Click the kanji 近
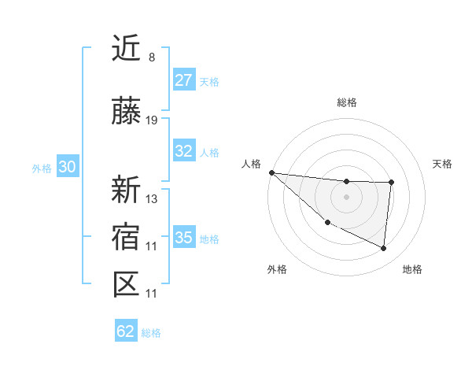coord(126,50)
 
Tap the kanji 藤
coord(126,112)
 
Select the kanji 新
coord(126,189)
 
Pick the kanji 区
coord(126,284)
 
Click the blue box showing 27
coord(184,80)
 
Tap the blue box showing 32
coord(184,151)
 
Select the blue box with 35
coord(184,238)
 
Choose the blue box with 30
coord(66,168)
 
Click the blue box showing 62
coord(126,331)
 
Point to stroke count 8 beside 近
coord(151,57)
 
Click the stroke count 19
coord(152,120)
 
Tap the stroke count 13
coord(152,198)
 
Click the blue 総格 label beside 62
coord(151,333)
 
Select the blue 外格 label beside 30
coord(42,168)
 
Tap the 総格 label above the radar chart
coord(346,102)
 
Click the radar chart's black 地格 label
coord(412,269)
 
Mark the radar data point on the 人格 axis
coord(271,172)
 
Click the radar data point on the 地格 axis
coord(383,249)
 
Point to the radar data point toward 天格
coord(391,183)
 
